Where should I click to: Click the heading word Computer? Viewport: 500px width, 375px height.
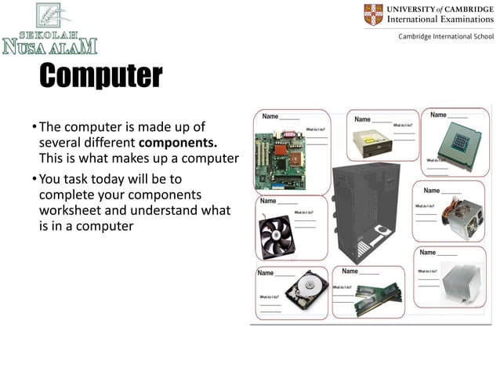[x=100, y=76]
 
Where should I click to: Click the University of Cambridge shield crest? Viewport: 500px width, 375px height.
[x=374, y=14]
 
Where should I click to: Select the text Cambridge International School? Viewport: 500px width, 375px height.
[x=446, y=37]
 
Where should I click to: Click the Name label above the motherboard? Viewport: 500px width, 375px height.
[x=270, y=116]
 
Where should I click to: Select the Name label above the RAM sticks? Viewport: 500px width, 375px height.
[x=351, y=271]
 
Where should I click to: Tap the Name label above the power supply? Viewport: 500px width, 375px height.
[x=433, y=191]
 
